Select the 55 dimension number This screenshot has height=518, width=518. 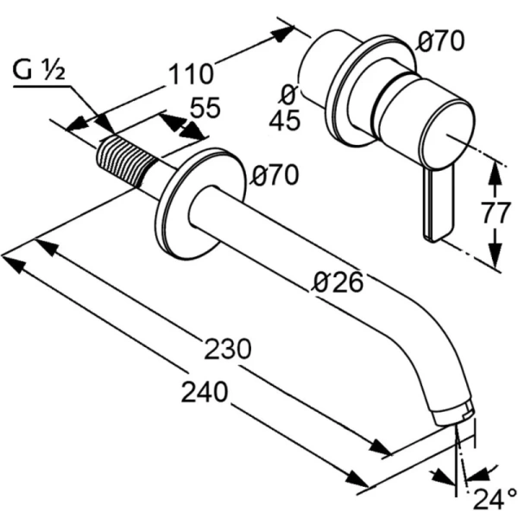click(205, 109)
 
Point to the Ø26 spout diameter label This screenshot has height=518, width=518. click(338, 281)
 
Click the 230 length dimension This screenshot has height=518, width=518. click(227, 349)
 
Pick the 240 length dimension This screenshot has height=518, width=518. click(205, 392)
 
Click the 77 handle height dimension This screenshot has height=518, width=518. click(496, 212)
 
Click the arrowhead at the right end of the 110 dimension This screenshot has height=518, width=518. click(285, 33)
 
